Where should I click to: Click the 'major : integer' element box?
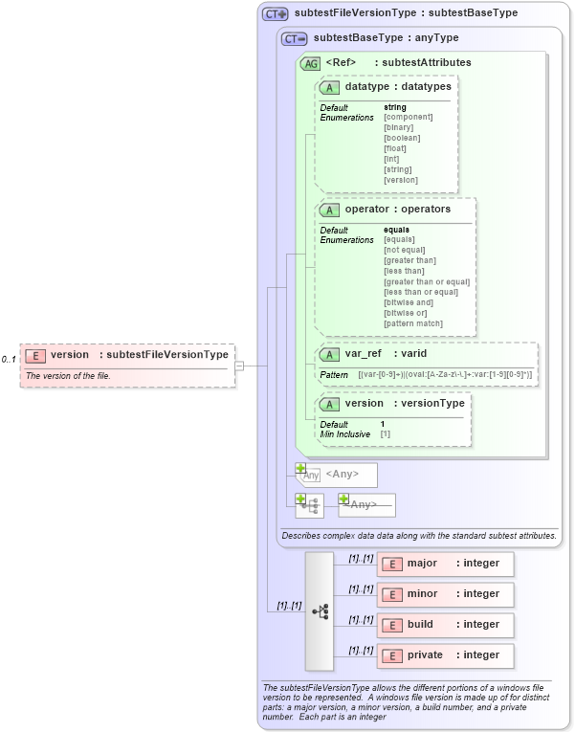pyautogui.click(x=446, y=564)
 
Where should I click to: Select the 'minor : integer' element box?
pyautogui.click(x=446, y=594)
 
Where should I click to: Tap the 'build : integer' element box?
pyautogui.click(x=446, y=625)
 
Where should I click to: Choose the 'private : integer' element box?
pyautogui.click(x=446, y=655)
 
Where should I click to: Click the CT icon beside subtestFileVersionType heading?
pyautogui.click(x=276, y=14)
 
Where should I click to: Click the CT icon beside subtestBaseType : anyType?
pyautogui.click(x=294, y=39)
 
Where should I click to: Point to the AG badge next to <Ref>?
pyautogui.click(x=310, y=63)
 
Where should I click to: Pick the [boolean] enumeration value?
pyautogui.click(x=402, y=138)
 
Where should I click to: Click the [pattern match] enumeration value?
pyautogui.click(x=413, y=323)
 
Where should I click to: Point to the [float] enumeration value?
pyautogui.click(x=395, y=148)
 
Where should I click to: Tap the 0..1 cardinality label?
pyautogui.click(x=9, y=360)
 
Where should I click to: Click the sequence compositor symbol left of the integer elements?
pyautogui.click(x=320, y=610)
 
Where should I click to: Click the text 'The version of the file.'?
pyautogui.click(x=68, y=376)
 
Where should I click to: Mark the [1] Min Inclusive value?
pyautogui.click(x=385, y=434)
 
